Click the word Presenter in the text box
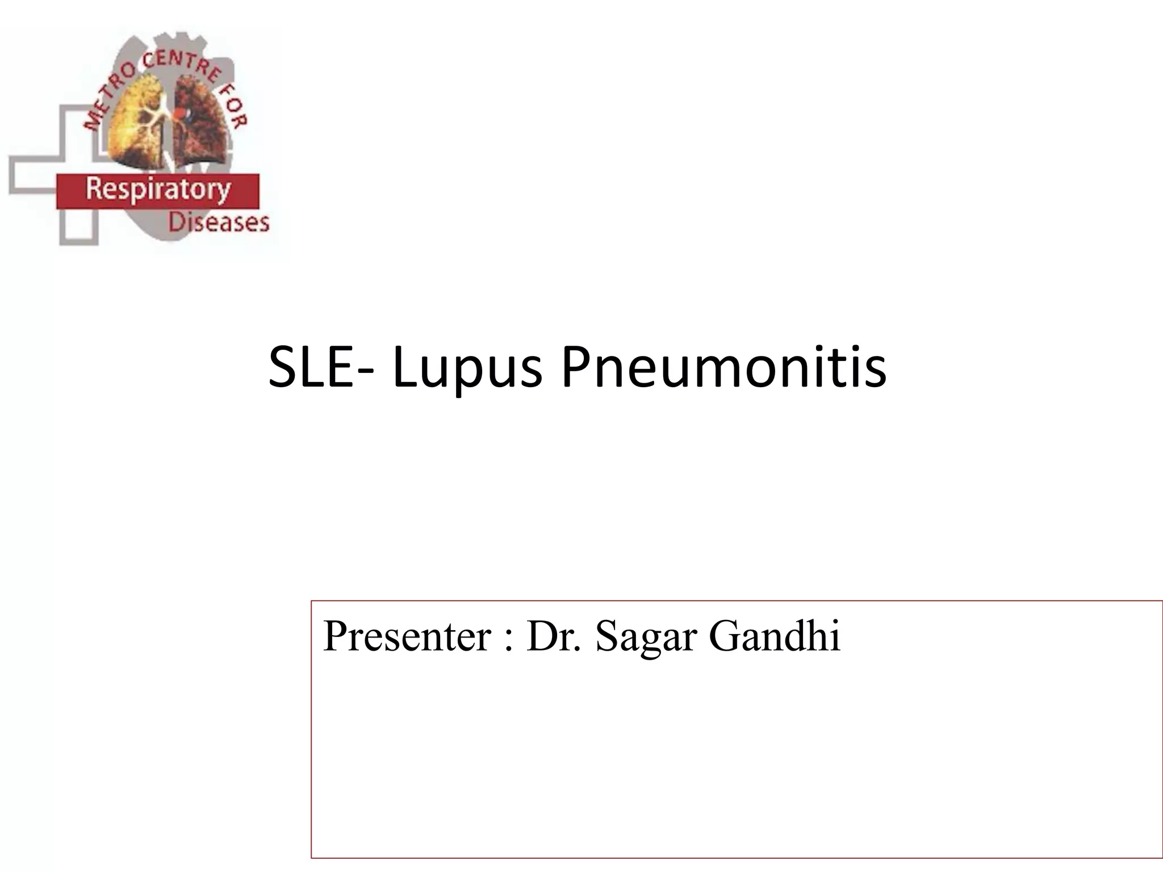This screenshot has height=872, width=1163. (x=407, y=636)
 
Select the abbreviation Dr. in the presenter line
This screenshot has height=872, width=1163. (x=554, y=636)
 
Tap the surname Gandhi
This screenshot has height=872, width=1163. (x=775, y=636)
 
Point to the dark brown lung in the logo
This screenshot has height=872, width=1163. (x=202, y=131)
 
